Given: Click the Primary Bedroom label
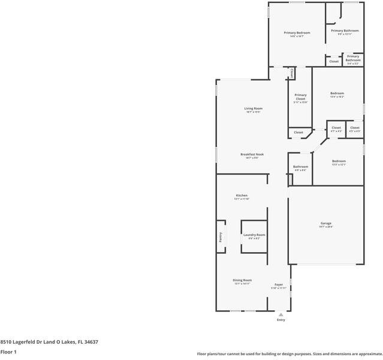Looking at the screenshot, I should [x=297, y=32].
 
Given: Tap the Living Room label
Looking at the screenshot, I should [x=254, y=109].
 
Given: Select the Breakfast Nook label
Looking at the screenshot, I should [x=252, y=154].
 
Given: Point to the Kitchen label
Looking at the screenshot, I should [x=242, y=196].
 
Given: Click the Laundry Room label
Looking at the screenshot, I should [x=254, y=235].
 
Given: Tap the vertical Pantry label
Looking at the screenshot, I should [x=220, y=237].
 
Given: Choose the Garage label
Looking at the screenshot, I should [x=325, y=223].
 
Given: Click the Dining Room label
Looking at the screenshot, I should [x=242, y=280].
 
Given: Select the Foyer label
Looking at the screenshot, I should [x=279, y=284].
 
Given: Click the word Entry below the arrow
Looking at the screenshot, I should [x=281, y=320].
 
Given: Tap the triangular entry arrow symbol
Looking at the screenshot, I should [x=281, y=314].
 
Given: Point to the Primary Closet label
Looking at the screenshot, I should [x=300, y=97].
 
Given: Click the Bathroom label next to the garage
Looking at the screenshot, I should [x=300, y=167].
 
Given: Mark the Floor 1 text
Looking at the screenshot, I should [x=8, y=352].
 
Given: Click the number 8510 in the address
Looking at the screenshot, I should [x=6, y=342].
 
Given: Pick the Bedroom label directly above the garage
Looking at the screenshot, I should [x=339, y=161].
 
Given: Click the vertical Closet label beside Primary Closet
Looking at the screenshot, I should [x=292, y=73].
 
